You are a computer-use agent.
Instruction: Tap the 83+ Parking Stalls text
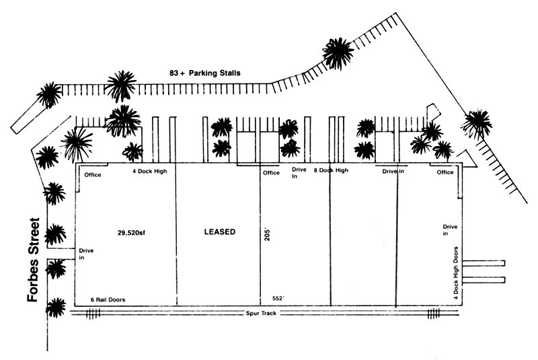point(204,73)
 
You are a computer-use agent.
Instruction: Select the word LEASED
point(219,232)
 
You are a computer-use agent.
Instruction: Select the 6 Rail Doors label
point(108,299)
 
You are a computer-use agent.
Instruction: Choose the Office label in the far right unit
point(445,173)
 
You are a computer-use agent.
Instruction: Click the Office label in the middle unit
point(271,173)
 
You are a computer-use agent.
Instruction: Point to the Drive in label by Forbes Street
point(86,254)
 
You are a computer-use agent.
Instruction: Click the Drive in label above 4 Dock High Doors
point(449,230)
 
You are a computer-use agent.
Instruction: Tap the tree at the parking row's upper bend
point(338,52)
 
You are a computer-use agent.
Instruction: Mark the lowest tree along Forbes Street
point(56,308)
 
